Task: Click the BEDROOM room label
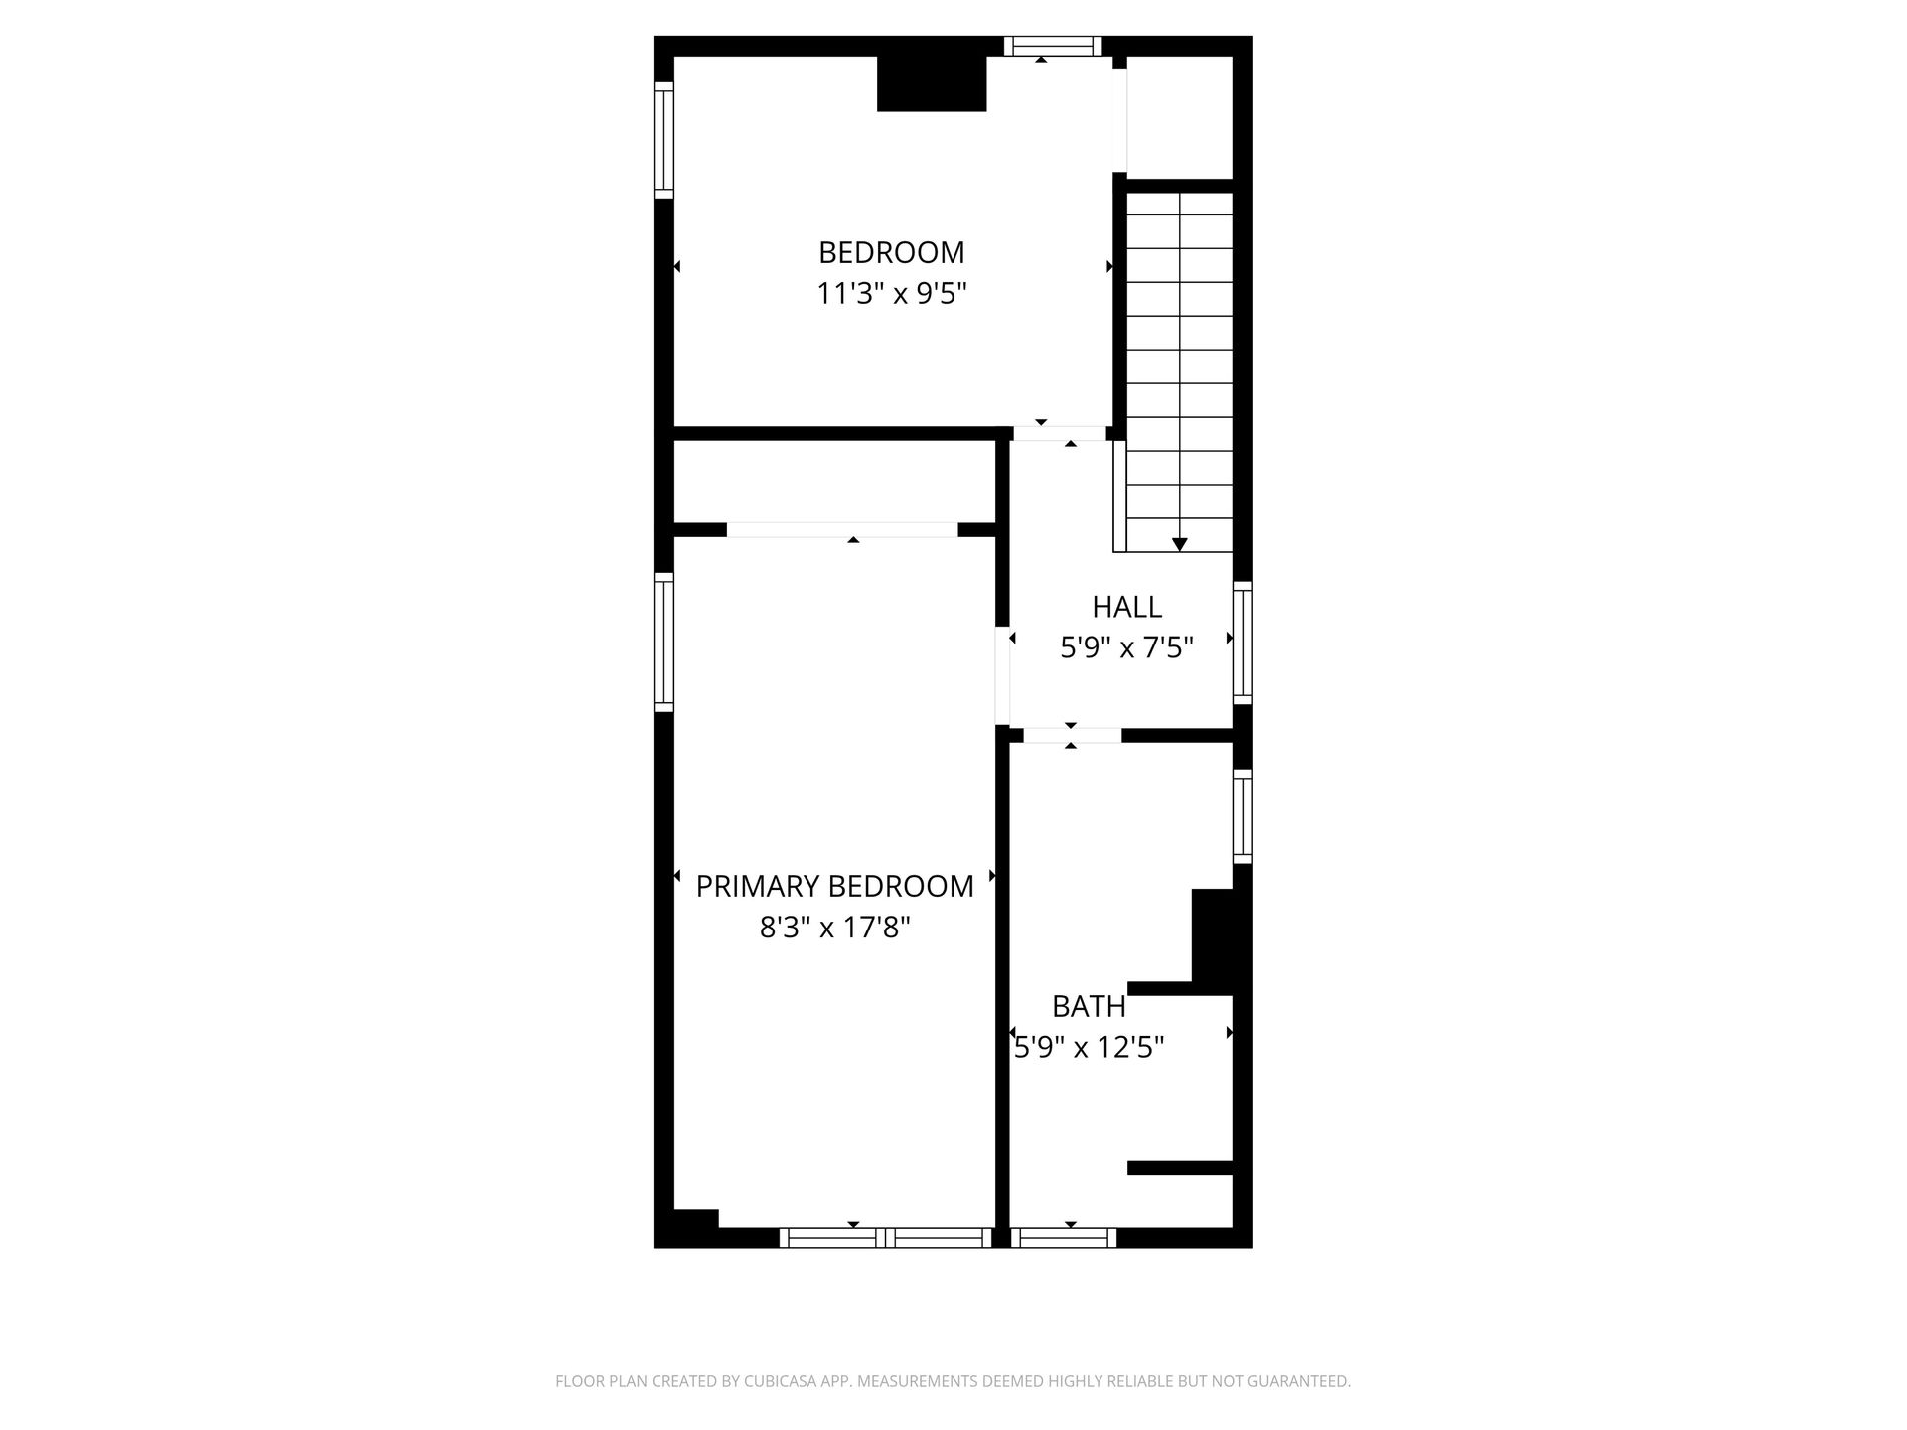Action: pos(891,253)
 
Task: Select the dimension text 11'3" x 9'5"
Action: pos(891,294)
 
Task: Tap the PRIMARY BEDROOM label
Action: pos(834,886)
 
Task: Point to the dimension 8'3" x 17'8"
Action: pos(834,928)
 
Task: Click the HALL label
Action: pos(1126,607)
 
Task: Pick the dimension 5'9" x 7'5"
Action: pos(1126,648)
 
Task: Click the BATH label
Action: pos(1089,1006)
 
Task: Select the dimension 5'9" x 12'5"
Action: pos(1089,1048)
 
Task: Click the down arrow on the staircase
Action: pos(1179,544)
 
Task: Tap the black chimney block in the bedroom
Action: pos(932,83)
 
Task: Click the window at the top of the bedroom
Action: pos(1053,46)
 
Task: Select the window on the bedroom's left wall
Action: pos(663,139)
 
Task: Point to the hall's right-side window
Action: pos(1243,643)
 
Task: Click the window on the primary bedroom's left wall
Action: pos(663,642)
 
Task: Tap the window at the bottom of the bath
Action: pos(1064,1237)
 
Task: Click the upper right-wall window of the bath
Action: pos(1243,815)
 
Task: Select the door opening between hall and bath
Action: pos(1072,736)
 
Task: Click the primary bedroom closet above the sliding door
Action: pos(834,482)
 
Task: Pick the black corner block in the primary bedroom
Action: pos(695,1219)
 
